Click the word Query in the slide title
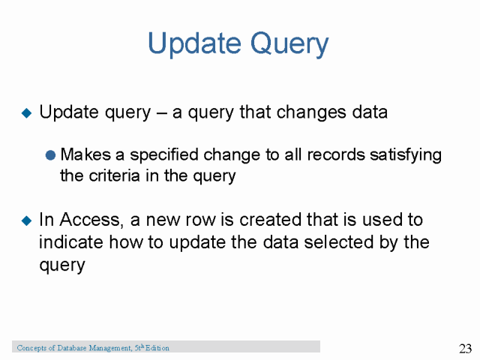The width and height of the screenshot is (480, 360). click(x=288, y=43)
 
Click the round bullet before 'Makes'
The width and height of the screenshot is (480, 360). click(x=51, y=155)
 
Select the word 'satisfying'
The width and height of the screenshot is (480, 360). click(x=405, y=155)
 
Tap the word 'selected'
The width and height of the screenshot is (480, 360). click(x=346, y=242)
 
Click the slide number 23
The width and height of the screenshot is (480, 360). click(x=463, y=348)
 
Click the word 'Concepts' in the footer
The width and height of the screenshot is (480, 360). click(x=31, y=348)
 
